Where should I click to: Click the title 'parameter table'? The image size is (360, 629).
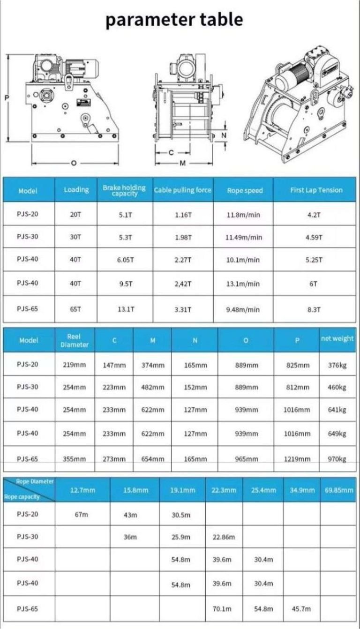coord(174,20)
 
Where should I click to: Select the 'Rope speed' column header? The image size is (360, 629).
coord(245,190)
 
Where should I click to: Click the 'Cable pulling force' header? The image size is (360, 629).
coord(182,190)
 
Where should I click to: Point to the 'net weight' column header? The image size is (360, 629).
coord(337,338)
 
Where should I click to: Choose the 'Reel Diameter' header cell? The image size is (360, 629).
coord(75,340)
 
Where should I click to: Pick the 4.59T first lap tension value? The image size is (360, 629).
coord(314,237)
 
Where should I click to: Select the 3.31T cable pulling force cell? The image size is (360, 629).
coord(182,309)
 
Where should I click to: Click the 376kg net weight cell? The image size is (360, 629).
coord(337,365)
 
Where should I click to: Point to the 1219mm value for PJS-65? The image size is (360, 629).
coord(297,459)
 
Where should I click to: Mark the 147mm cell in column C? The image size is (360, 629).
coord(114,365)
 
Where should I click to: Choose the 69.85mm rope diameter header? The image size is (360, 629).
coord(338,490)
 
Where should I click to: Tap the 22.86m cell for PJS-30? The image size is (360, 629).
coord(224,537)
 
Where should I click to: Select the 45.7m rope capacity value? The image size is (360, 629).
coord(301,608)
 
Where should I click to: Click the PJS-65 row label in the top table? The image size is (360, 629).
coord(28,309)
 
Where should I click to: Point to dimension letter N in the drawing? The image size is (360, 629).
coord(224,135)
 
